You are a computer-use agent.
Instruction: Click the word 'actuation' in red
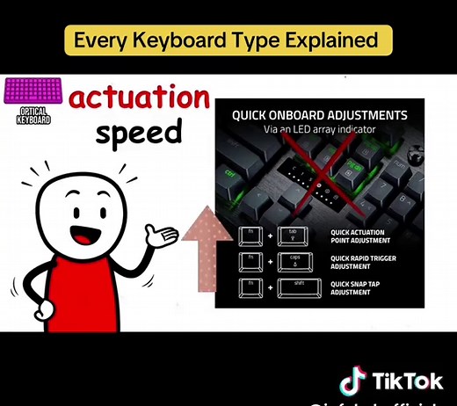pyautogui.click(x=139, y=98)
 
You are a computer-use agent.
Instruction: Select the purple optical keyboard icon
pyautogui.click(x=33, y=92)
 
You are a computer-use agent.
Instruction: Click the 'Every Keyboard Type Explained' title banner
pyautogui.click(x=227, y=40)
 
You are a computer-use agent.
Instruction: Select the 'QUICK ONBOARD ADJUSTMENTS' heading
pyautogui.click(x=319, y=115)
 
